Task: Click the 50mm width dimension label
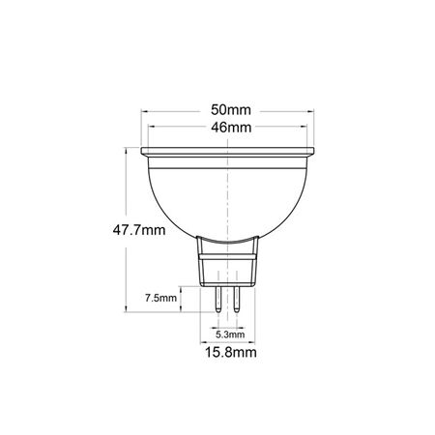pyautogui.click(x=229, y=109)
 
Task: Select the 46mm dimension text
pyautogui.click(x=229, y=127)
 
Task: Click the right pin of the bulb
pyautogui.click(x=236, y=296)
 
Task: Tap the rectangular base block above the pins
pyautogui.click(x=229, y=266)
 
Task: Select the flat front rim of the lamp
pyautogui.click(x=229, y=153)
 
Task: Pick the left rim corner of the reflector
pyautogui.click(x=142, y=153)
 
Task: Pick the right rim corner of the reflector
pyautogui.click(x=316, y=153)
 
